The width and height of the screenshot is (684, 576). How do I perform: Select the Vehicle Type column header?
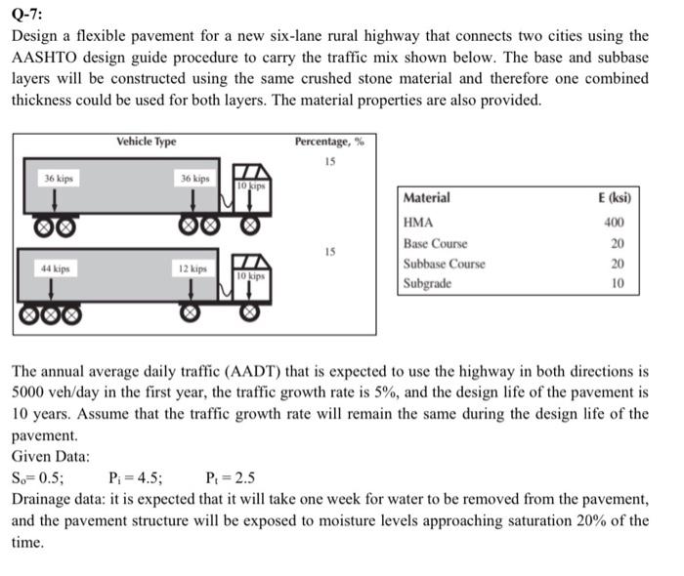(x=146, y=142)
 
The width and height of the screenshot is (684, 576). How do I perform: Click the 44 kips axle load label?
(x=58, y=267)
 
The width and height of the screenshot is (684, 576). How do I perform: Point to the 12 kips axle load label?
(x=192, y=267)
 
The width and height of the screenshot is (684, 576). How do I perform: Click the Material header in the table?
(x=427, y=198)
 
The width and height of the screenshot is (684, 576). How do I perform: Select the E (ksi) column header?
(x=614, y=198)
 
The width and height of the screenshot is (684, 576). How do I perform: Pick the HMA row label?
(x=418, y=221)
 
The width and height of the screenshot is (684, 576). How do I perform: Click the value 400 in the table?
(x=614, y=222)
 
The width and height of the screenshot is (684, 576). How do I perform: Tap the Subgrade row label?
(x=428, y=284)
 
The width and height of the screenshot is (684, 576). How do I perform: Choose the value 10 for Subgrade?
(x=618, y=284)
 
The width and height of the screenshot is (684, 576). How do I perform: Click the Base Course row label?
(x=436, y=243)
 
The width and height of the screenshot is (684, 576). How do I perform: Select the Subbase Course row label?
(x=445, y=264)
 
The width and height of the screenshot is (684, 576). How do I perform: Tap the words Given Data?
(x=51, y=456)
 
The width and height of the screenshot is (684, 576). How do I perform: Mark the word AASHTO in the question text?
(x=45, y=58)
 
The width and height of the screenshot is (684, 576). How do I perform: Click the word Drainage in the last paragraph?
(x=40, y=499)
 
